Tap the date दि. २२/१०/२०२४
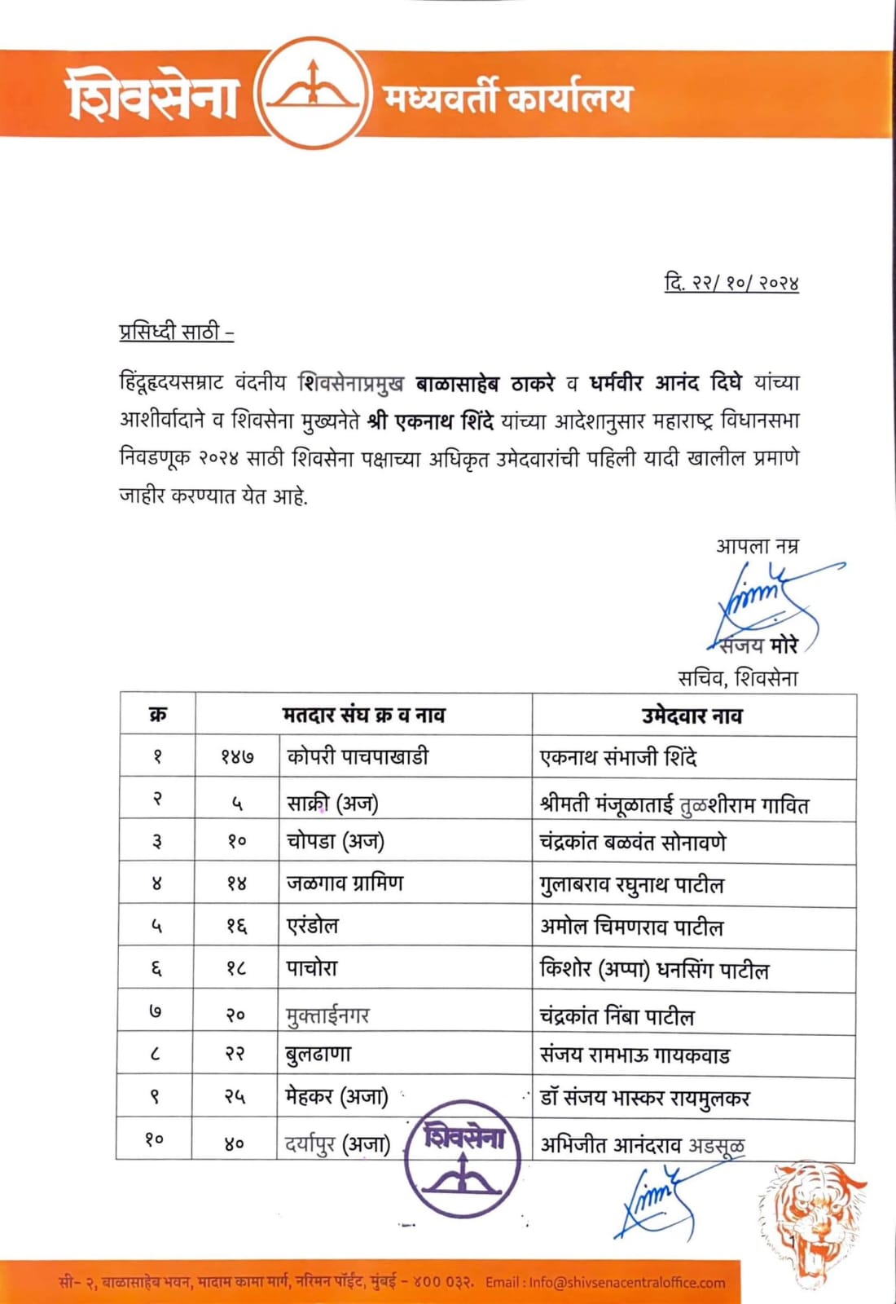tap(731, 283)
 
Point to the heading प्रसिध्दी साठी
tap(176, 333)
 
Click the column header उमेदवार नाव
tap(692, 716)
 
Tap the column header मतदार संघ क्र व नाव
tap(363, 716)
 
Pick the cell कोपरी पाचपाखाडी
tap(358, 756)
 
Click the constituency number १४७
tap(236, 757)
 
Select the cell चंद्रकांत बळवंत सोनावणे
tap(632, 842)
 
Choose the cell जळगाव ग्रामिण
tap(345, 883)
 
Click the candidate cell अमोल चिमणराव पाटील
tap(631, 927)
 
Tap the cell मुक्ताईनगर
tap(328, 1015)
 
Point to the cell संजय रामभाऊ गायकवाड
tap(635, 1055)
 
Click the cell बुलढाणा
tap(318, 1055)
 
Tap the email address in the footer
tap(626, 1282)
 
